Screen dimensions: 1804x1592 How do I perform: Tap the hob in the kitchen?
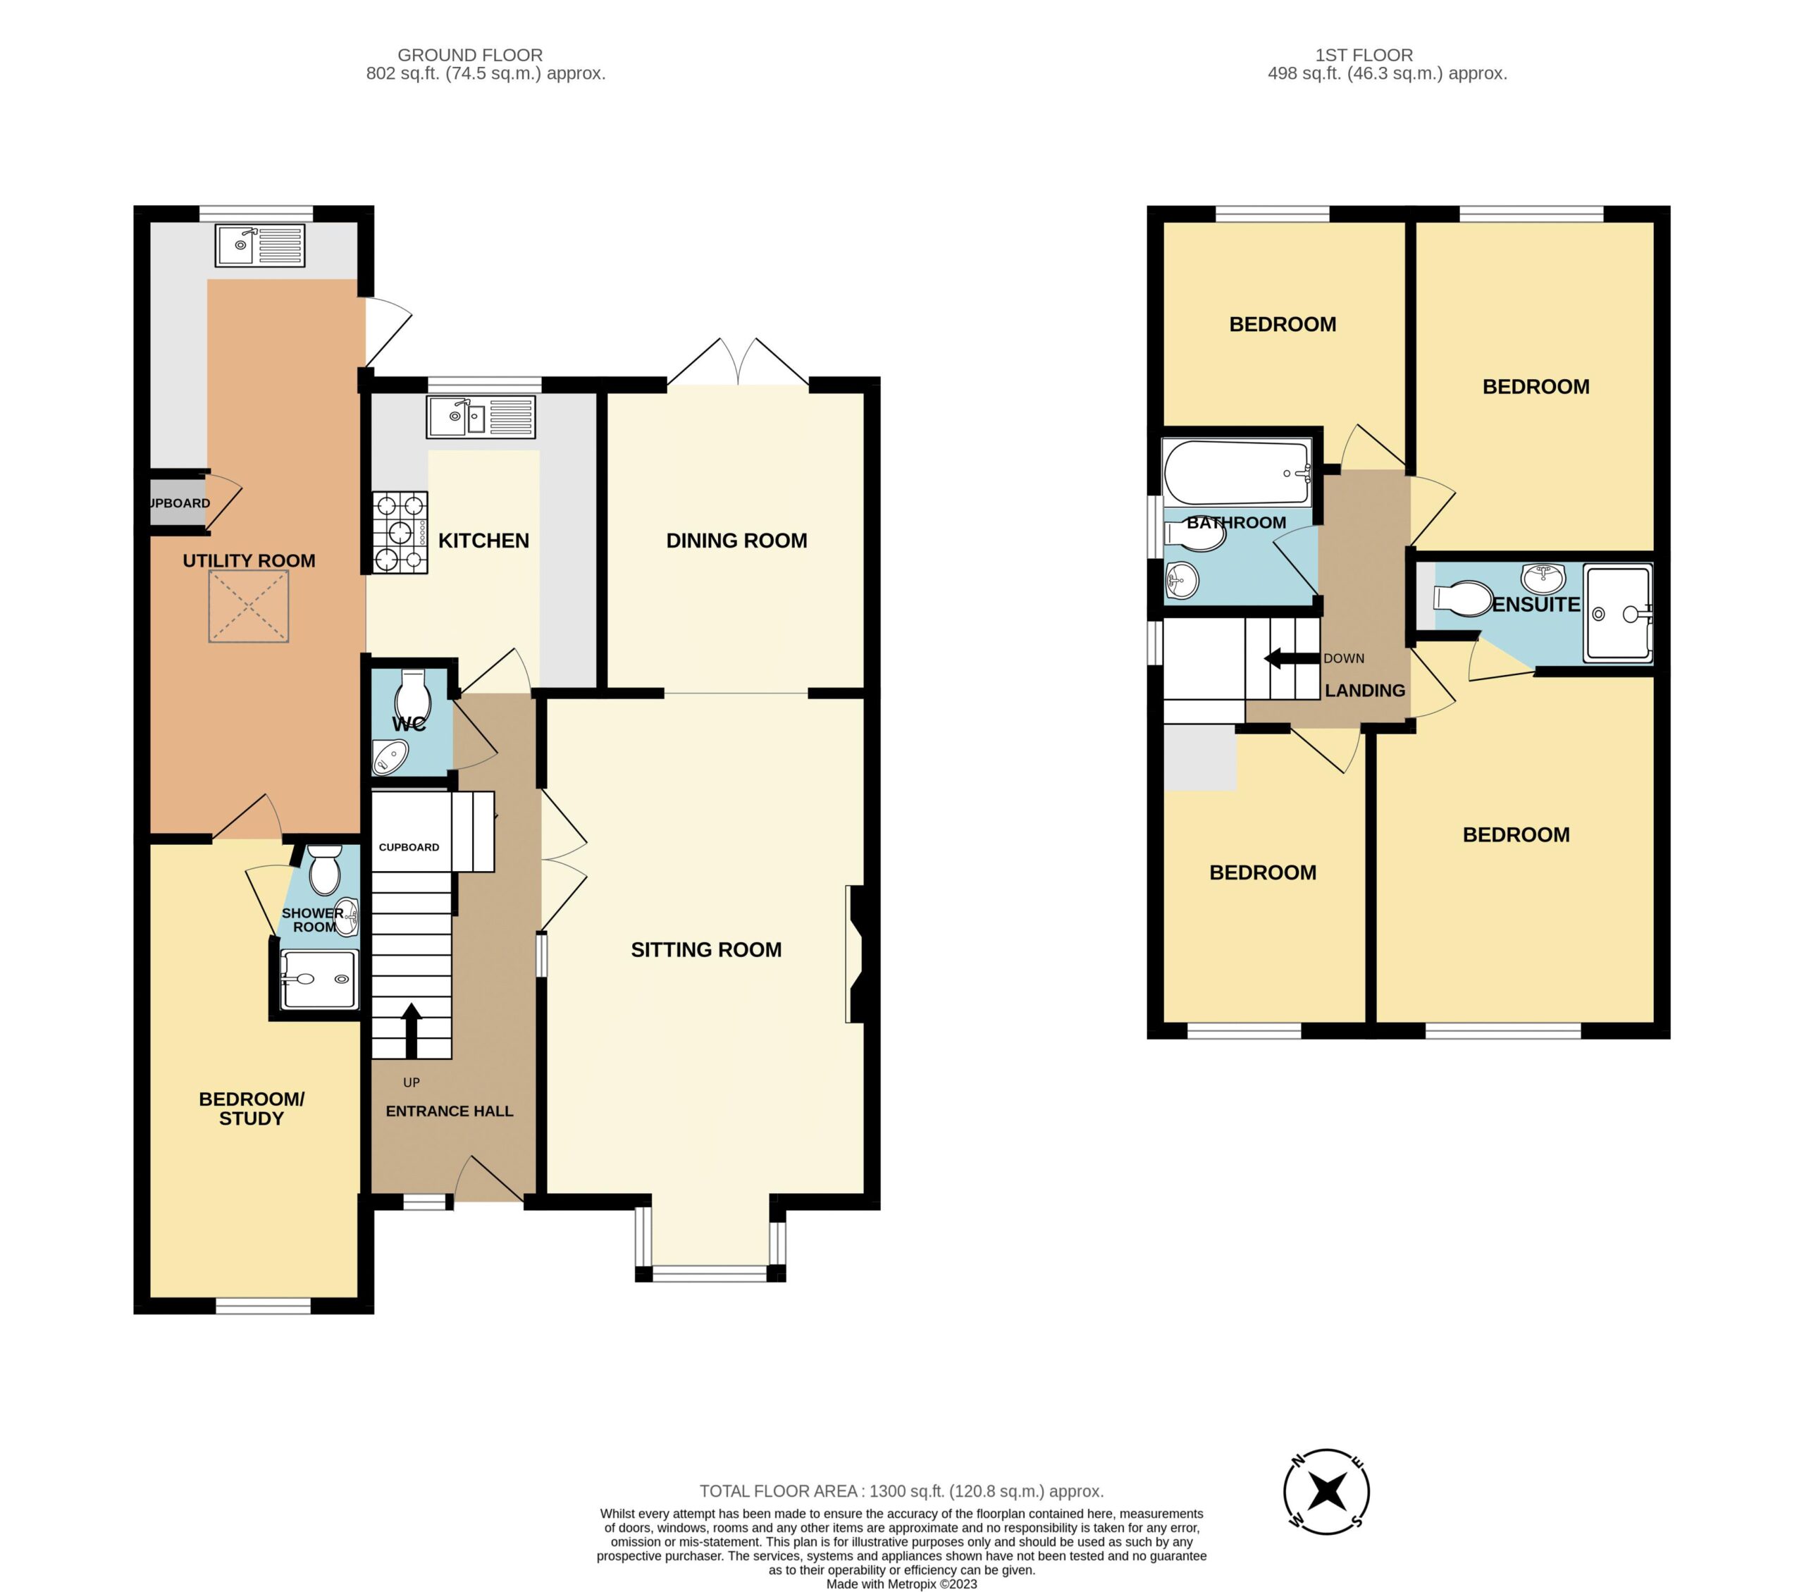click(x=400, y=532)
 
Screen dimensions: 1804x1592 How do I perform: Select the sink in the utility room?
click(x=259, y=245)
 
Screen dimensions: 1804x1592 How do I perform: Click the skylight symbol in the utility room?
click(x=249, y=606)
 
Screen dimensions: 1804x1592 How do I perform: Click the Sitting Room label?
click(x=706, y=949)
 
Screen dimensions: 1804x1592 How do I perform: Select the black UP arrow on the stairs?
click(x=412, y=1030)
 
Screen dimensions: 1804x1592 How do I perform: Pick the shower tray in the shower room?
click(x=319, y=979)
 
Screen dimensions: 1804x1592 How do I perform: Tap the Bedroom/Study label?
click(x=252, y=1109)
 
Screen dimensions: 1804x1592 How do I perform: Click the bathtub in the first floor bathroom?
click(x=1237, y=473)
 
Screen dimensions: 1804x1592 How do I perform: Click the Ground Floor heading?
click(x=471, y=55)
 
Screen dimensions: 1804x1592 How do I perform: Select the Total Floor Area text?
click(x=901, y=1491)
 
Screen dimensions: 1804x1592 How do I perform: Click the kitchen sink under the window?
click(x=482, y=417)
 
